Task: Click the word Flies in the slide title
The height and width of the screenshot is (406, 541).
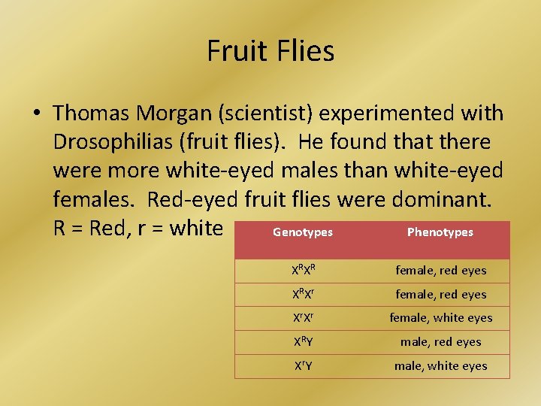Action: pos(304,51)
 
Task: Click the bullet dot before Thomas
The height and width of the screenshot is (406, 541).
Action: pos(36,114)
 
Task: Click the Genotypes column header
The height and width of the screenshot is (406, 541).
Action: pos(303,232)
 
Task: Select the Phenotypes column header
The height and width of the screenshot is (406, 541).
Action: pos(440,232)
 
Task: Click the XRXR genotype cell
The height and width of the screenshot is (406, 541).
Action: pos(304,270)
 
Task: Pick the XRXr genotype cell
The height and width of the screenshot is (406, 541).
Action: pos(304,294)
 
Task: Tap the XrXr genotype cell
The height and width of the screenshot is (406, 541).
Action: pos(304,318)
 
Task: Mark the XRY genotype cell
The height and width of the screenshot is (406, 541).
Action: pos(304,342)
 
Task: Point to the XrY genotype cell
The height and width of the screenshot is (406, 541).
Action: pos(304,366)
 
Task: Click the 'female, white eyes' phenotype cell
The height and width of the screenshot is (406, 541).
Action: pos(441,318)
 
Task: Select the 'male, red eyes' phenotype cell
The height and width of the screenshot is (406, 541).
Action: pos(441,342)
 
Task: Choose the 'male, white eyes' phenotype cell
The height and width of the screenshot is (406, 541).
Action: pos(441,366)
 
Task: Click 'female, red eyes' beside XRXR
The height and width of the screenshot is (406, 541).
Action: pos(441,270)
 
